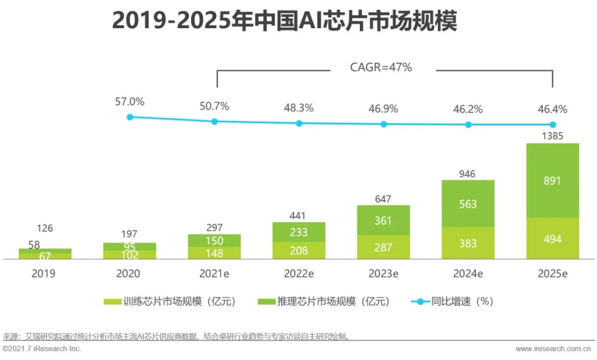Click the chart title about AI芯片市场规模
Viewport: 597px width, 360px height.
coord(285,22)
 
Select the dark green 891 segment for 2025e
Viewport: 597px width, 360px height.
coord(552,181)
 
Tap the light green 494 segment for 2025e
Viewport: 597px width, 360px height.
coord(552,239)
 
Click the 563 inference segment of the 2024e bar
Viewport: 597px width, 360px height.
coord(468,204)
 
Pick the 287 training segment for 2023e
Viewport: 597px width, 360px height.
coord(383,247)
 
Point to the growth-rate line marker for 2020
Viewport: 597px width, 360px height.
coord(130,117)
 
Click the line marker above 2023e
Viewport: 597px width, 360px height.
coord(384,124)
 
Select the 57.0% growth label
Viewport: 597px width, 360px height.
coord(129,102)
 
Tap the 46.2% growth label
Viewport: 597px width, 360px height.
coord(468,109)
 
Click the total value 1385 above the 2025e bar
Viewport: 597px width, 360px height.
coord(552,135)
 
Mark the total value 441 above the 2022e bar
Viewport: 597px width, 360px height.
coord(298,215)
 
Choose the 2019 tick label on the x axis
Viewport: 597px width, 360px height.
coord(45,273)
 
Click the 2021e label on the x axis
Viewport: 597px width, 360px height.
coord(214,273)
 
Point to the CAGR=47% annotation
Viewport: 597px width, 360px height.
coord(381,68)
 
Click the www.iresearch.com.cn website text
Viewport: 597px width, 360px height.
coord(553,349)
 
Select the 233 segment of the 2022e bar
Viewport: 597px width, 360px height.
coord(298,233)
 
